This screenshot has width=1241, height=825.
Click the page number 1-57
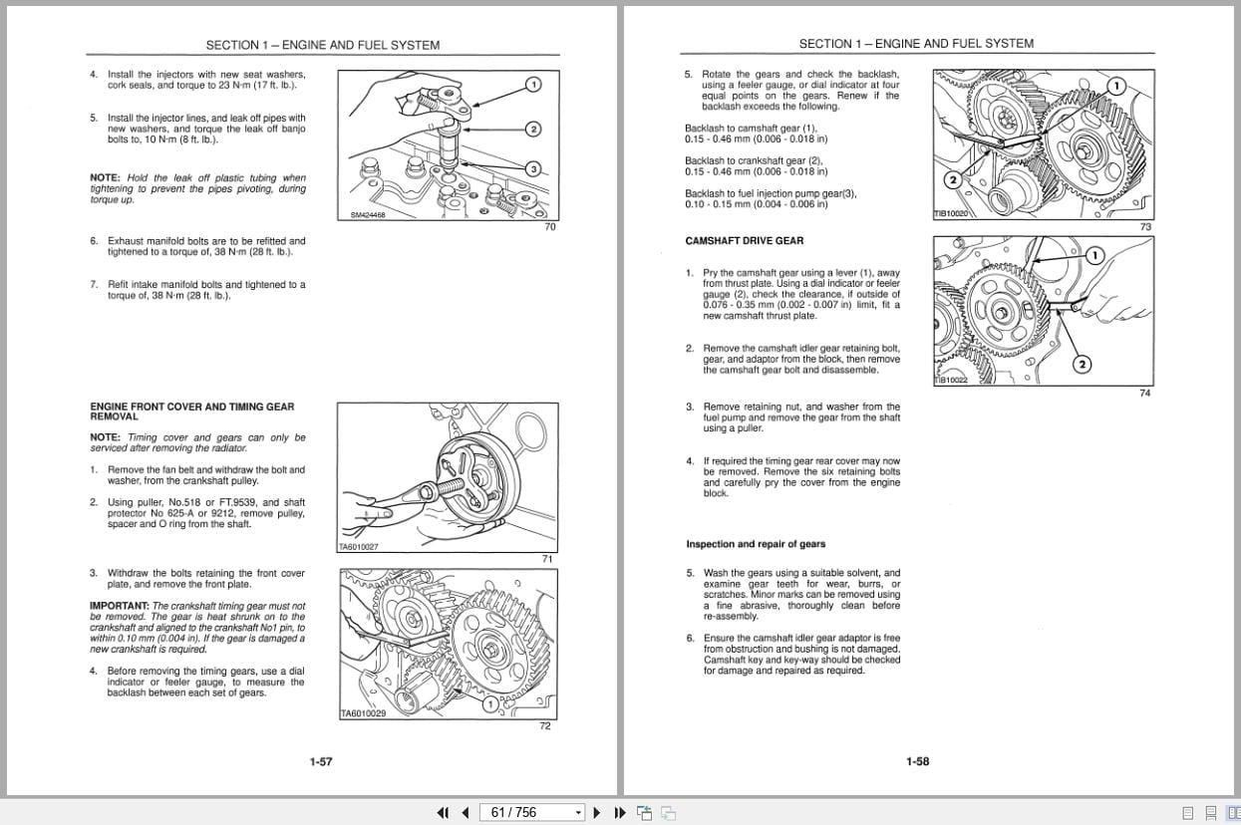coord(320,761)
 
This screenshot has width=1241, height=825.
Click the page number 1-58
coord(917,761)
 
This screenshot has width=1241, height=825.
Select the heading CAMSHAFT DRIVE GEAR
coord(744,240)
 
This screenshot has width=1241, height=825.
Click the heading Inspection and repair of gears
coord(756,544)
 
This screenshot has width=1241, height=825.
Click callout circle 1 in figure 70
coord(533,85)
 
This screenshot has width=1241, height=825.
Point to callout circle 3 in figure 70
coord(533,169)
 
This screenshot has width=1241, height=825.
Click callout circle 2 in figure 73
coord(952,180)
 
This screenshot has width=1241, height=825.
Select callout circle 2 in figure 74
coord(1084,364)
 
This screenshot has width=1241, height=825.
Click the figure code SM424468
coord(367,214)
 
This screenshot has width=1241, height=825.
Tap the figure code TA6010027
coord(360,546)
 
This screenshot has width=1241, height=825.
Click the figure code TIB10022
coord(951,380)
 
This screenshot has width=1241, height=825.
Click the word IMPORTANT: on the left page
coord(119,606)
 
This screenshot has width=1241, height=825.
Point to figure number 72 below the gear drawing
coord(545,726)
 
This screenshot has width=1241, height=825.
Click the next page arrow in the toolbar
coord(597,812)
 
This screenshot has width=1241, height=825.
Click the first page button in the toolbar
coord(444,812)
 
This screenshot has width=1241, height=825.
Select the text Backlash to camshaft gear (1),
coord(750,128)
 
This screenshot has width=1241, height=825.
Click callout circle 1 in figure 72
coord(489,703)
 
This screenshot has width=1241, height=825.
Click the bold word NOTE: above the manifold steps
coord(105,178)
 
